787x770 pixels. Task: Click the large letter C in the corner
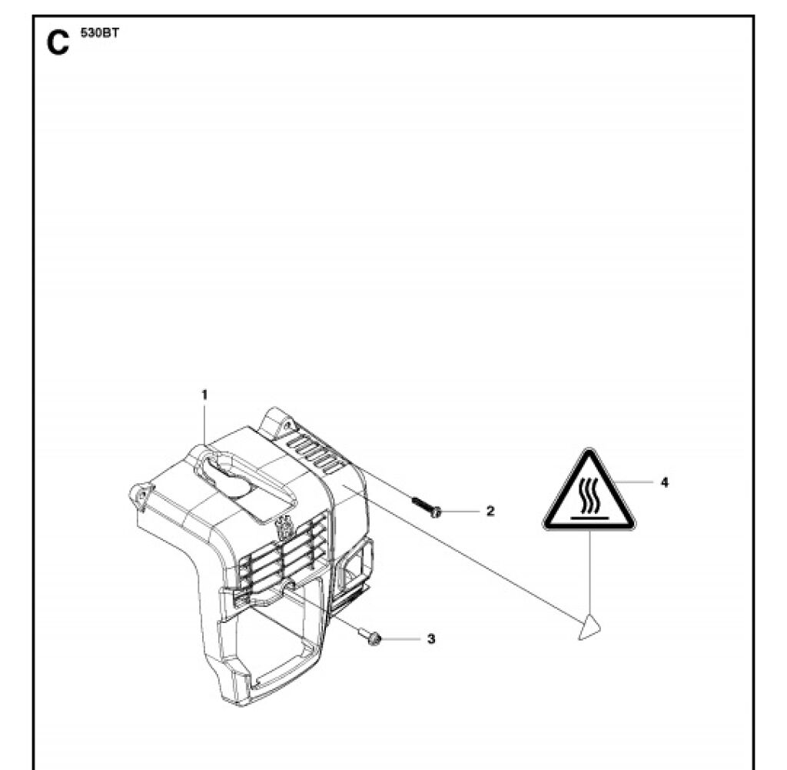58,43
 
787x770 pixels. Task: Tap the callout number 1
204,394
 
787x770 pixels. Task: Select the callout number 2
490,511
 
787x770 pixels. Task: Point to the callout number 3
431,638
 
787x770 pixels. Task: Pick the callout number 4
665,482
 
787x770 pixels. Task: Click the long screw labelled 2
425,507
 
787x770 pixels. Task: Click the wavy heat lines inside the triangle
589,495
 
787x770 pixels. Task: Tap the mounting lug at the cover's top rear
278,421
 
